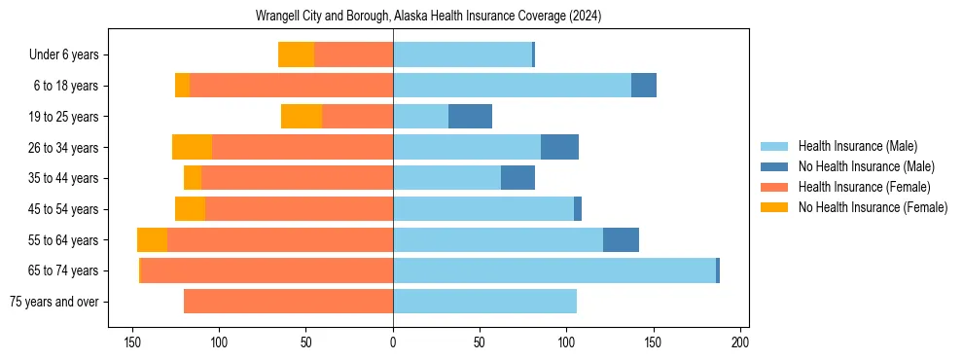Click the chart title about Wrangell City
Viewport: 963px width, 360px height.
(428, 17)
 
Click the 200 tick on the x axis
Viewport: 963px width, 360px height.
(739, 342)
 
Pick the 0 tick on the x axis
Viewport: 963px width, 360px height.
(393, 342)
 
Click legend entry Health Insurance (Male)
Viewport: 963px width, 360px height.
(857, 146)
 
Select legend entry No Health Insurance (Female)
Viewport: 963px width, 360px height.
(873, 207)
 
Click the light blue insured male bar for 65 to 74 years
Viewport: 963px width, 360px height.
(554, 270)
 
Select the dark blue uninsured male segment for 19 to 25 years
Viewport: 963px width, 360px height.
(470, 117)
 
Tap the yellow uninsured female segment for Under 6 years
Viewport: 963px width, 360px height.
(296, 55)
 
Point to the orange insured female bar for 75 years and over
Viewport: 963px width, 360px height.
(288, 302)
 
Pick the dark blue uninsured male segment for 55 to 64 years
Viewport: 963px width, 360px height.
(621, 240)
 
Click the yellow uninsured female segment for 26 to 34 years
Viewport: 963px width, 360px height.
(192, 148)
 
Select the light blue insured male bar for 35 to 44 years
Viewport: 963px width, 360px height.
(446, 178)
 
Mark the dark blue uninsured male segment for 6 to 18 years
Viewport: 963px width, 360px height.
(644, 86)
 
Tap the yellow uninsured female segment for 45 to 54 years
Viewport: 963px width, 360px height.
(190, 209)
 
